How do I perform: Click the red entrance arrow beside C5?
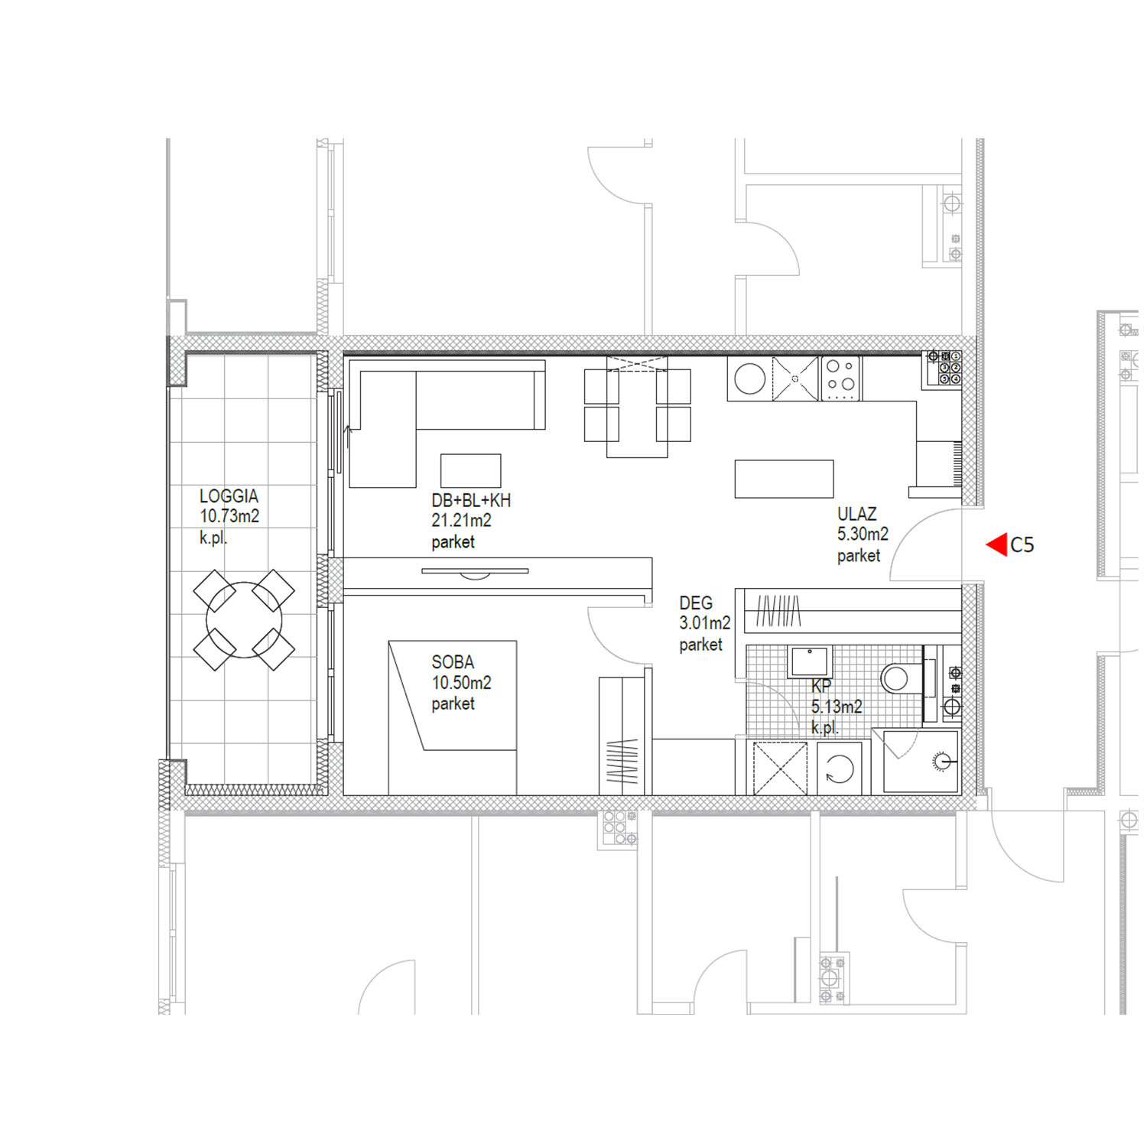tap(996, 545)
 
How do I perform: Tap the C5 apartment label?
tap(1022, 545)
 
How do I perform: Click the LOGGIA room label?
tap(229, 496)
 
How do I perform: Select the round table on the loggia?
tap(244, 620)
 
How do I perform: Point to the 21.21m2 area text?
tap(461, 521)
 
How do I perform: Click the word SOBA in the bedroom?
tap(453, 662)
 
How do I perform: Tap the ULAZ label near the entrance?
tap(856, 515)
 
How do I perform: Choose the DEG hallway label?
tap(696, 603)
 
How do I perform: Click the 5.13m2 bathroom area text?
tap(837, 707)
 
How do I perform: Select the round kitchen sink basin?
tap(749, 379)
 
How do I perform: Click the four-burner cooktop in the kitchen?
tap(840, 379)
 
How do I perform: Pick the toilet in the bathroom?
tap(902, 677)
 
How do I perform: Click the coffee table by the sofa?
tap(470, 471)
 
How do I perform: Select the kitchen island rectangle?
tap(784, 479)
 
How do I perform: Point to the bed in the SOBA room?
tap(453, 717)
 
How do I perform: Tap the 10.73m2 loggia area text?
tap(229, 517)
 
